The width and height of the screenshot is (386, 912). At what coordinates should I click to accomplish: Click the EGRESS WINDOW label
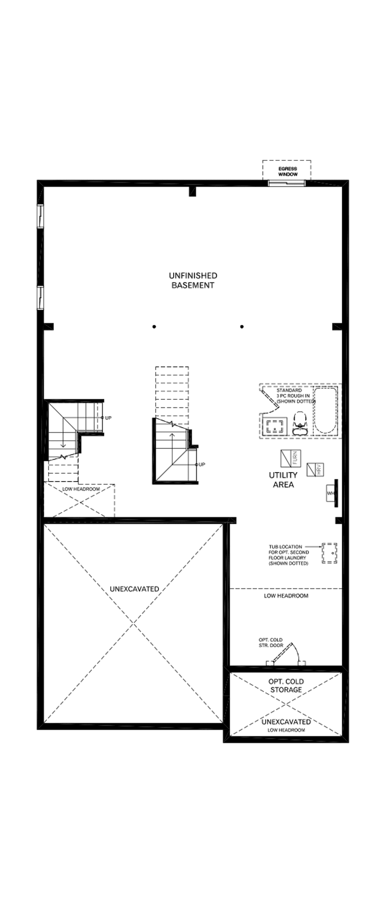(x=287, y=172)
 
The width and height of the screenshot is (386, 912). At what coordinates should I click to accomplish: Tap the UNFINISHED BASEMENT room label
(x=193, y=280)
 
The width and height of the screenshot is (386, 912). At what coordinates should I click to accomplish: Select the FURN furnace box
(x=291, y=458)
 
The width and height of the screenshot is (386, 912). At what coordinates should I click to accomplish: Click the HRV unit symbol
(x=315, y=469)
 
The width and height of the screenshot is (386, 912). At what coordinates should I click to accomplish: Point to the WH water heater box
(x=331, y=493)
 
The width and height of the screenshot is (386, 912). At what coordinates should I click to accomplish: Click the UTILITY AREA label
(x=283, y=480)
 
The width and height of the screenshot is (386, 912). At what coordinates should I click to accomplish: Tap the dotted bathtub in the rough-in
(x=325, y=411)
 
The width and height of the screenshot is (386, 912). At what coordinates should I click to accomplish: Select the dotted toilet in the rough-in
(x=300, y=423)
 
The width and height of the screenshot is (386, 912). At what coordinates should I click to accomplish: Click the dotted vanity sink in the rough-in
(x=275, y=425)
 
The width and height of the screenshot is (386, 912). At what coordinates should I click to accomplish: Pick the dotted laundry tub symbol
(x=329, y=553)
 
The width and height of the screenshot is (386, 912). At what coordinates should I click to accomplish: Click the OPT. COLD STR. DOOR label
(x=271, y=643)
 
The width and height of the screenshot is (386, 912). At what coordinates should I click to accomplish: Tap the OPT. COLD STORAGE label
(x=286, y=685)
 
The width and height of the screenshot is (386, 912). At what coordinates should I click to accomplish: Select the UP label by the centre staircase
(x=202, y=464)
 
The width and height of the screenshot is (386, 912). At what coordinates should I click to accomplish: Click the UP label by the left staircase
(x=108, y=418)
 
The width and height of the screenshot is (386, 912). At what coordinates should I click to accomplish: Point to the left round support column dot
(x=154, y=327)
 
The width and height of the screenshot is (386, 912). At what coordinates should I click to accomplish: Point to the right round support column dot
(x=242, y=327)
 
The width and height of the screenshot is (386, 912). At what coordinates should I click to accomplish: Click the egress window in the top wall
(x=286, y=183)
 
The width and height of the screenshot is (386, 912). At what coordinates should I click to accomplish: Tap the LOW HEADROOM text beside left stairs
(x=81, y=489)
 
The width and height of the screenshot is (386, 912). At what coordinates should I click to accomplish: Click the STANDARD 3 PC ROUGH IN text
(x=295, y=395)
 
